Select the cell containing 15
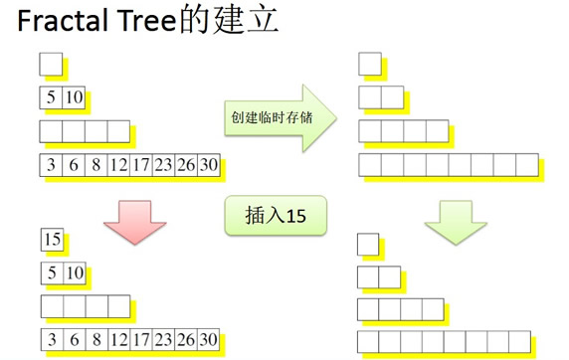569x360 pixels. coord(51,239)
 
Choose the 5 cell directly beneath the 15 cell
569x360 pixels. coord(51,271)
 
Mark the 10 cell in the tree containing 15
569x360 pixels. coord(74,271)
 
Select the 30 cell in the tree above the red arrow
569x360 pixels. coord(208,164)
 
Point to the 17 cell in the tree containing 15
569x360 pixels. coord(140,337)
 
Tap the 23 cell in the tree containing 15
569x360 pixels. coord(163,337)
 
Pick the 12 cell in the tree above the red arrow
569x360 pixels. coord(118,164)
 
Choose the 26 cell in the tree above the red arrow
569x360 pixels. coord(185,164)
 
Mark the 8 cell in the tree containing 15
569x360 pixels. coord(95,337)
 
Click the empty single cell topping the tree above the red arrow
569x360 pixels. coord(51,66)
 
